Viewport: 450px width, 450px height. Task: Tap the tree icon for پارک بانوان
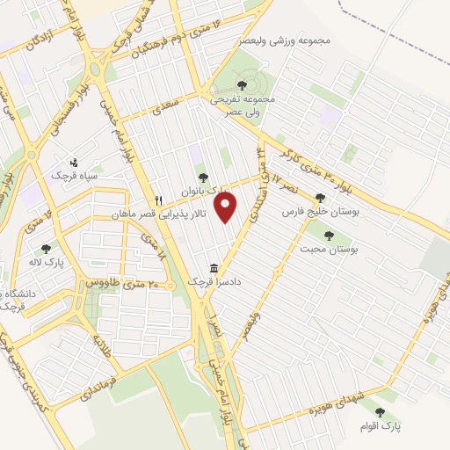[x=204, y=178]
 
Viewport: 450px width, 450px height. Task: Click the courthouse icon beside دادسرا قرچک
[x=214, y=268]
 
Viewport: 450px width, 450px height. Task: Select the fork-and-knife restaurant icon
[x=159, y=200]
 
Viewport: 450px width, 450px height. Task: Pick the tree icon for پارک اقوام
[x=380, y=411]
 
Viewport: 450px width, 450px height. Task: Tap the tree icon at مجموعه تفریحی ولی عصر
[x=242, y=85]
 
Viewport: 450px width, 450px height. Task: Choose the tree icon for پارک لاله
[x=45, y=249]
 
